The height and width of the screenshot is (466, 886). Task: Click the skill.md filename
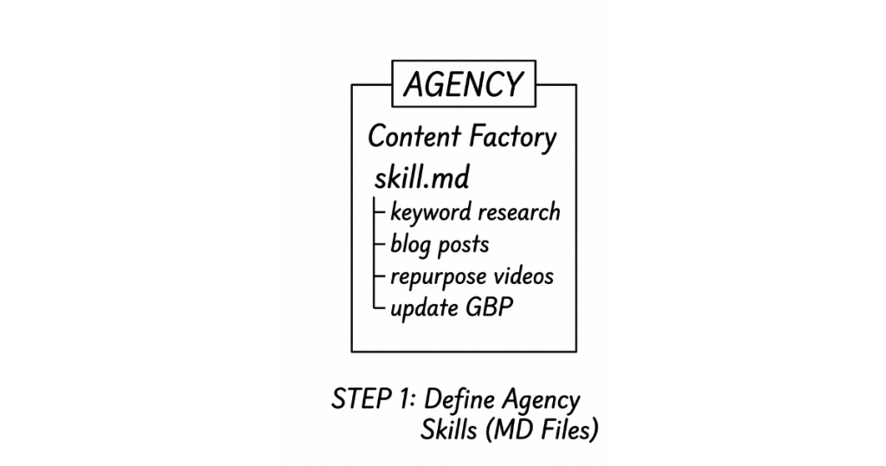[421, 178]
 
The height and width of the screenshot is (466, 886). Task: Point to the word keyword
[431, 212]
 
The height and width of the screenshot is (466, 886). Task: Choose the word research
[519, 212]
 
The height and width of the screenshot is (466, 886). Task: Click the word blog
[410, 245]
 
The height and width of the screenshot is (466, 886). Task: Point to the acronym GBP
[490, 307]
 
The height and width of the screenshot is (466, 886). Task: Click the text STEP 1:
[374, 399]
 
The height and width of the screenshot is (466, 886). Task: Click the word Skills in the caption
[449, 430]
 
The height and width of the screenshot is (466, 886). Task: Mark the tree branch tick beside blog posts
[379, 243]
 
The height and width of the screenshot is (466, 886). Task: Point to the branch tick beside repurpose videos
[379, 276]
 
